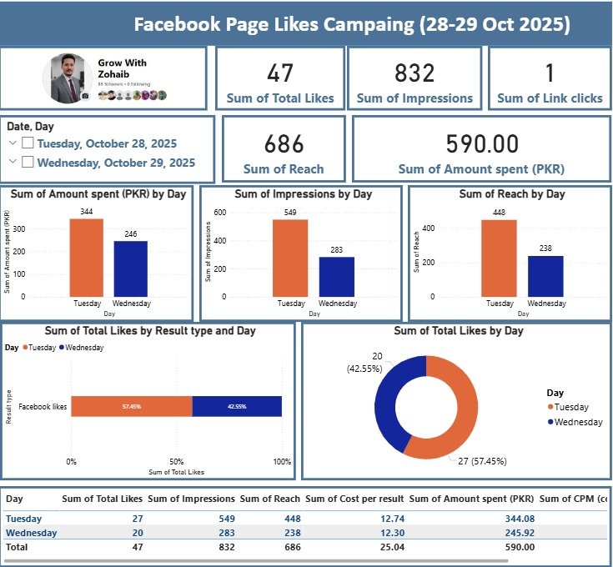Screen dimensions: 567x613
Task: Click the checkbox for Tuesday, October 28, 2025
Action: (x=28, y=143)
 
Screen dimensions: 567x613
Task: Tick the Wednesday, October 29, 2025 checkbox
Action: (x=28, y=163)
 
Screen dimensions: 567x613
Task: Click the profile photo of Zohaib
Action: (x=68, y=78)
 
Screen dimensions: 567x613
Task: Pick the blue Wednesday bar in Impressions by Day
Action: (x=337, y=276)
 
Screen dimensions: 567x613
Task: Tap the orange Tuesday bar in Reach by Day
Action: (x=500, y=258)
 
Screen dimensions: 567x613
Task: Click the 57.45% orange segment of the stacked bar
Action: (x=132, y=406)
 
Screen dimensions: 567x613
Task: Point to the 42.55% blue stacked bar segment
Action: (x=237, y=406)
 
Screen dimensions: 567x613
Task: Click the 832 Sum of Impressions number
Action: (x=415, y=73)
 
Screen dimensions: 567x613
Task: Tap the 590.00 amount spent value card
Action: (x=481, y=144)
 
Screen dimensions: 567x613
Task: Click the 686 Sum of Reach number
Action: (x=284, y=144)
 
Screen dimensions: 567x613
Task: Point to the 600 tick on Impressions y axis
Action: (x=220, y=212)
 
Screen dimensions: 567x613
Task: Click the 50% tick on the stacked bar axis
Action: (x=176, y=461)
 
